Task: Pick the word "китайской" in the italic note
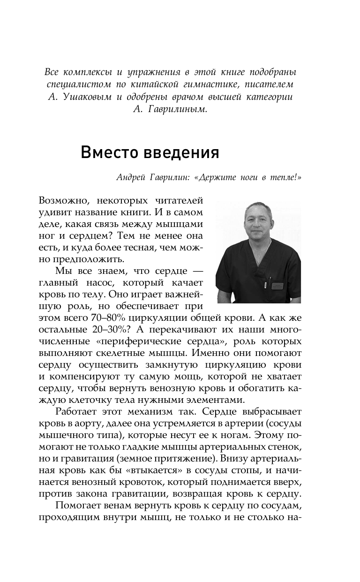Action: pos(145,85)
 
